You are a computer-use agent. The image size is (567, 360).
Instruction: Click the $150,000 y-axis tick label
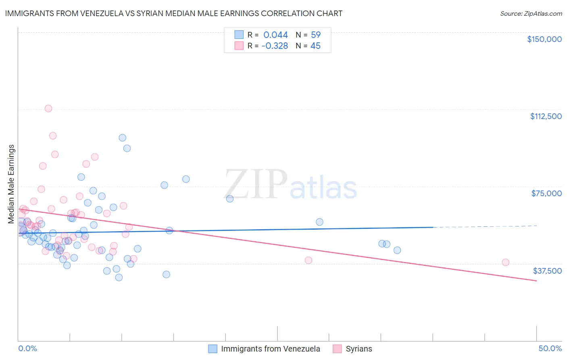pyautogui.click(x=544, y=39)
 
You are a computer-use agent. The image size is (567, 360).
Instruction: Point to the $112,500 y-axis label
pyautogui.click(x=546, y=116)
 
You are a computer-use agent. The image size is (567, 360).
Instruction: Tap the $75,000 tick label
pyautogui.click(x=546, y=193)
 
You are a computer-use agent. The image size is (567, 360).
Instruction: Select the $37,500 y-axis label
pyautogui.click(x=547, y=271)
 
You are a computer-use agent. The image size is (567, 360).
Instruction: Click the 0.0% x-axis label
pyautogui.click(x=27, y=348)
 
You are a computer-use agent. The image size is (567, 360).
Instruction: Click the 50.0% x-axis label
pyautogui.click(x=550, y=348)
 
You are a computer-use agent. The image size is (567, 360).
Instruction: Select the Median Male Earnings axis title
pyautogui.click(x=11, y=184)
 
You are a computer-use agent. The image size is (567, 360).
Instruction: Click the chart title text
pyautogui.click(x=174, y=13)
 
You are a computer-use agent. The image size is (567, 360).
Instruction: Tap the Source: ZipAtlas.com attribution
pyautogui.click(x=531, y=13)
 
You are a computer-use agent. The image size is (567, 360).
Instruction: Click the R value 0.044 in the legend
pyautogui.click(x=275, y=35)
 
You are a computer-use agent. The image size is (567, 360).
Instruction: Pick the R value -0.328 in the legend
pyautogui.click(x=275, y=46)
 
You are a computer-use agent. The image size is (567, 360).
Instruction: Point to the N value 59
pyautogui.click(x=315, y=35)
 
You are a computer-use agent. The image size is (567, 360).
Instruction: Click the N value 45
pyautogui.click(x=315, y=46)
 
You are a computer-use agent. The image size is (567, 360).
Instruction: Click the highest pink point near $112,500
pyautogui.click(x=48, y=108)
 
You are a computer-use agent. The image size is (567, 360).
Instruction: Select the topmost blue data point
pyautogui.click(x=123, y=138)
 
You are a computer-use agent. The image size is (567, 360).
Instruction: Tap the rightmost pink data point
pyautogui.click(x=505, y=262)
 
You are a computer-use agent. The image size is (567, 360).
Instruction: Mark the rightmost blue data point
pyautogui.click(x=397, y=250)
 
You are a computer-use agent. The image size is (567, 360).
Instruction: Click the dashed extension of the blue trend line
pyautogui.click(x=484, y=226)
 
